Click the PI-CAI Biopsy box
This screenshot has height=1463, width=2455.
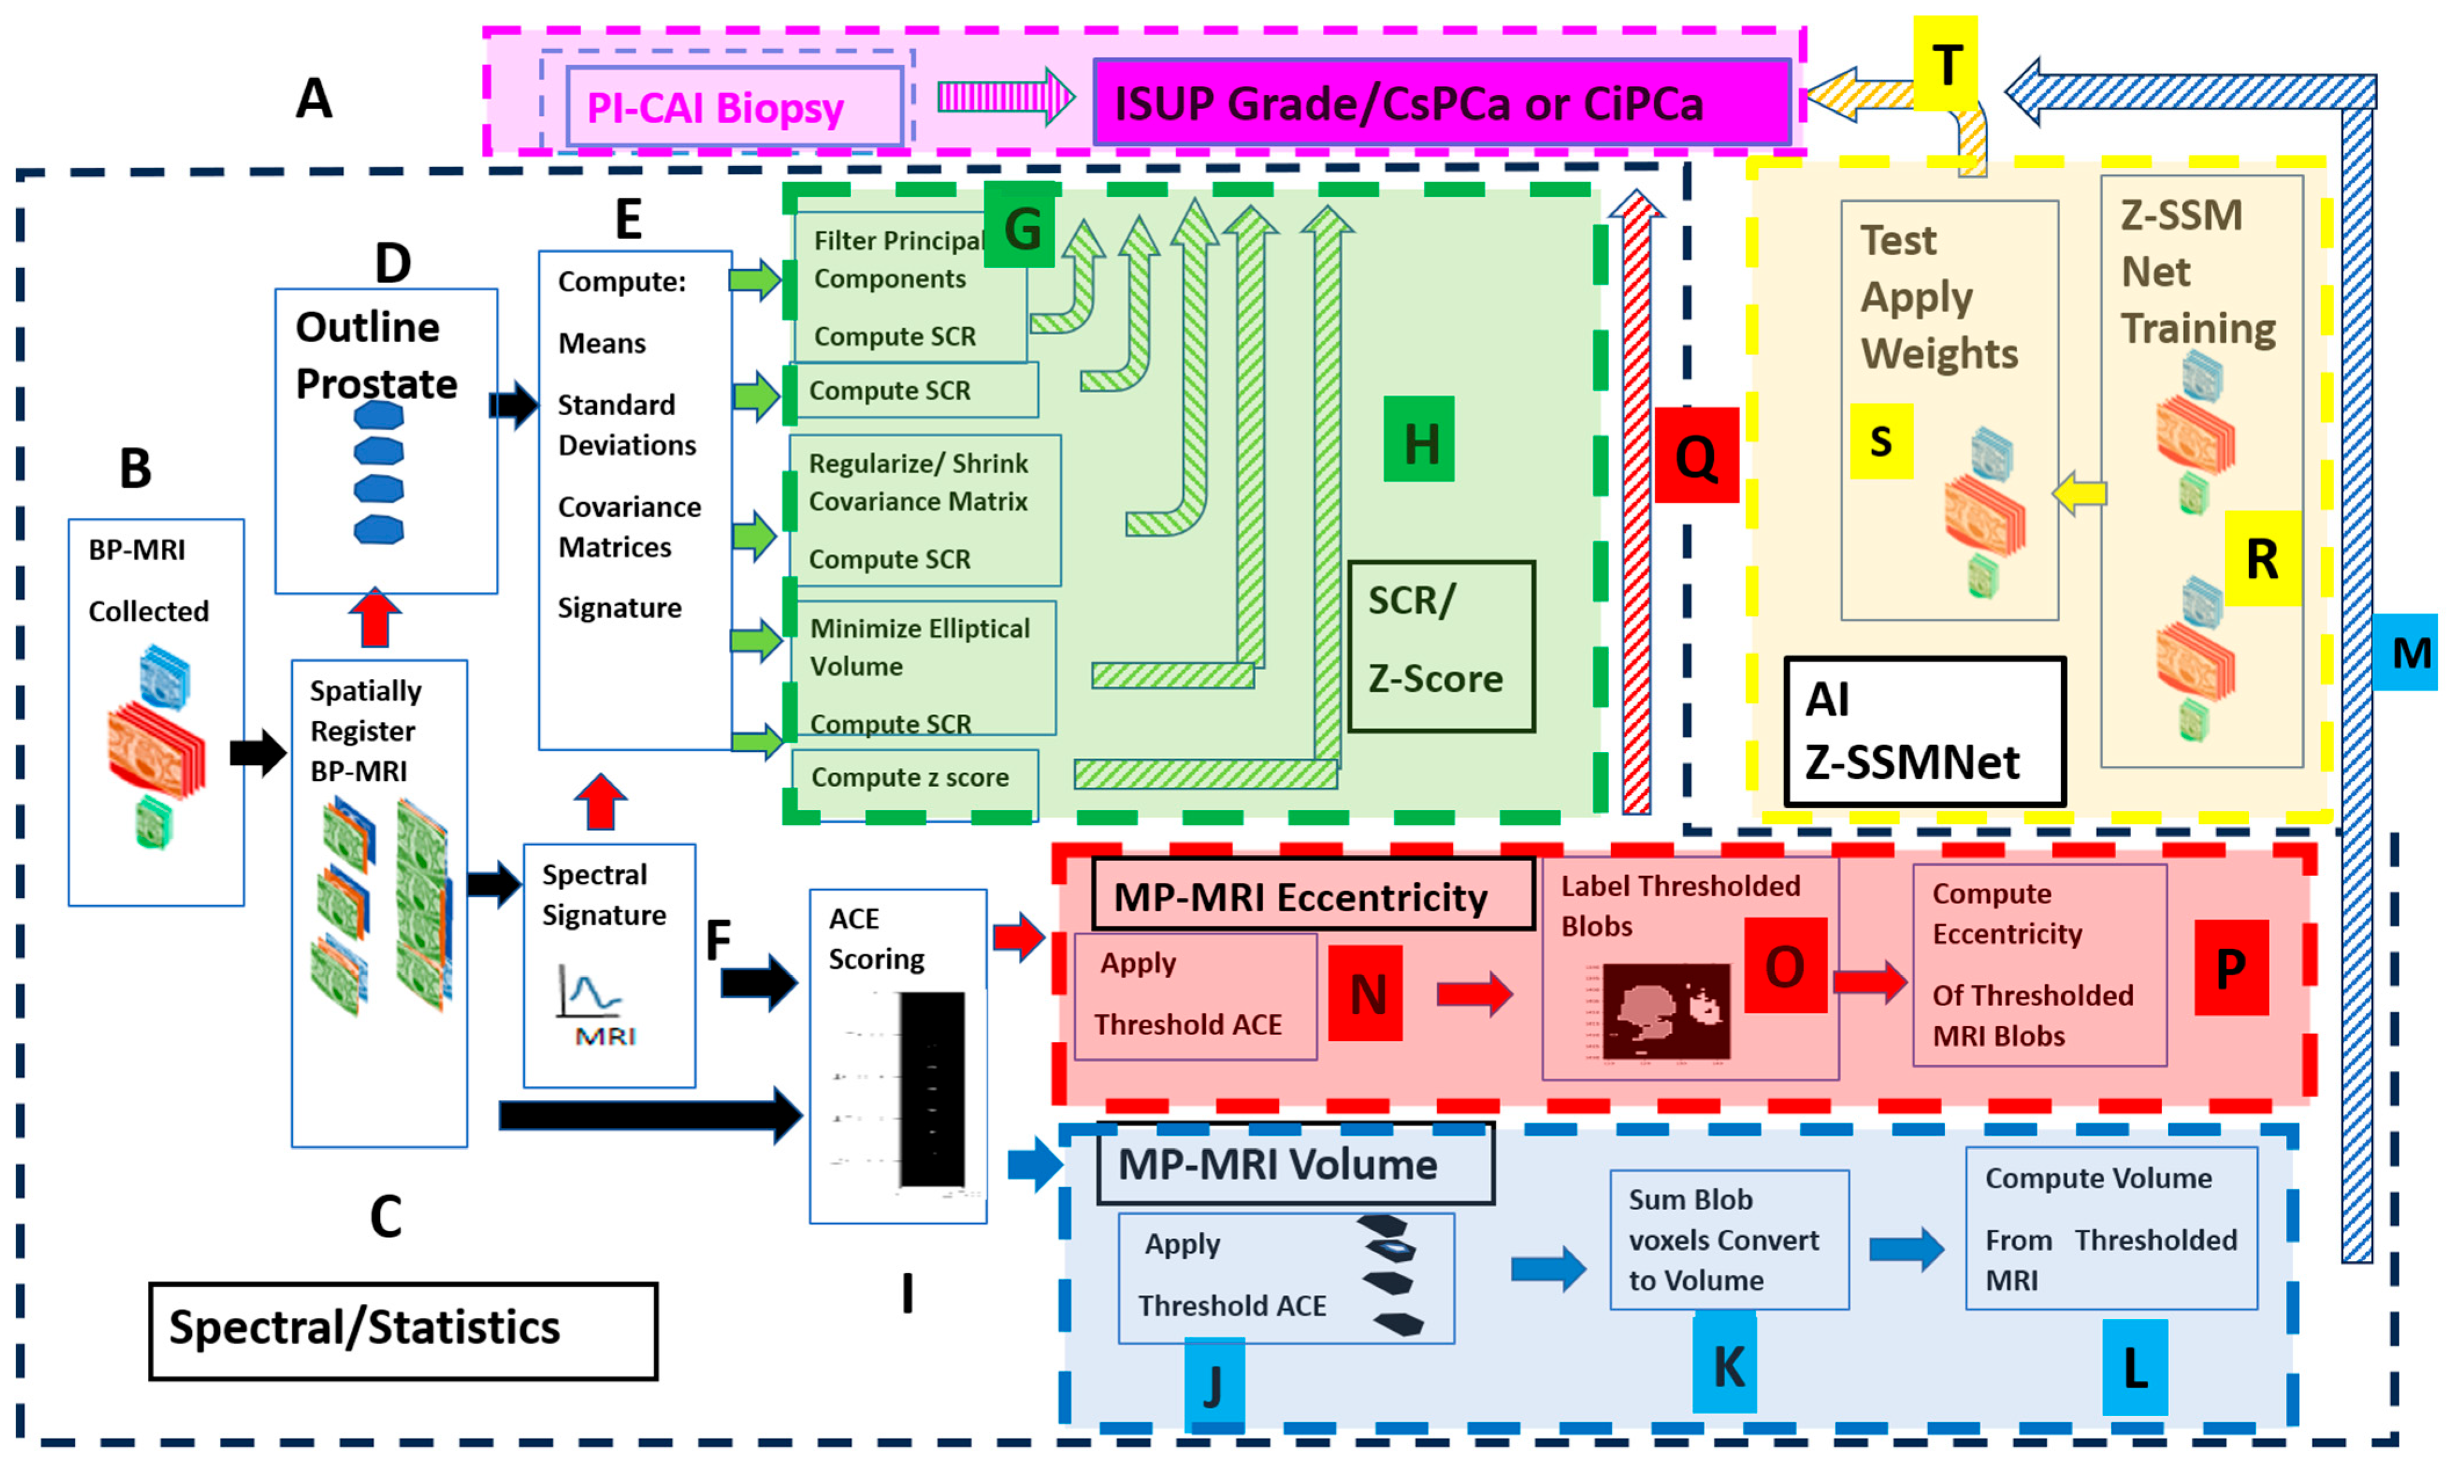coord(734,107)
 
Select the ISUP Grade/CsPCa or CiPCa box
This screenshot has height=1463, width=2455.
coord(1441,103)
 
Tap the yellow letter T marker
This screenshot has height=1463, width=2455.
coord(1946,65)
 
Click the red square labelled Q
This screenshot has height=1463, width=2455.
coord(1696,455)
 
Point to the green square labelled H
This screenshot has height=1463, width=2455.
coord(1419,440)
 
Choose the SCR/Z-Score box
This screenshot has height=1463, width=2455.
coord(1441,647)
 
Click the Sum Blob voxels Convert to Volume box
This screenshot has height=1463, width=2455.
coord(1728,1239)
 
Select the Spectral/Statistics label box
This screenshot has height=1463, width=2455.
coord(403,1330)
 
